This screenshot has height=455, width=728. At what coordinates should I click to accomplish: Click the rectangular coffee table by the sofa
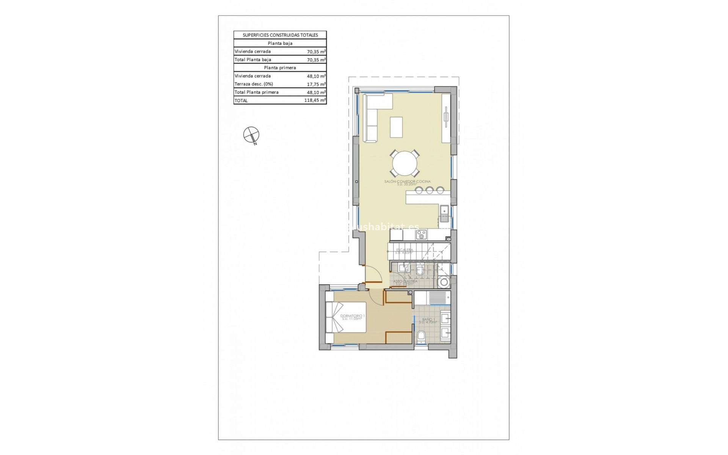pyautogui.click(x=397, y=127)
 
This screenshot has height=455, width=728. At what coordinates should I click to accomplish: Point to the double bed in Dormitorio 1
pyautogui.click(x=81, y=317)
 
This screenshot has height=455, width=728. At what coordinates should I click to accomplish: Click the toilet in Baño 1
pyautogui.click(x=420, y=337)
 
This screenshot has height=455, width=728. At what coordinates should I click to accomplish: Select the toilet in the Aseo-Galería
pyautogui.click(x=420, y=271)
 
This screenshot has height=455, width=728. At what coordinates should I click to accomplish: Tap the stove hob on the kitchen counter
pyautogui.click(x=421, y=235)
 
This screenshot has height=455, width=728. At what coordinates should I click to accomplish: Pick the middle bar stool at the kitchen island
pyautogui.click(x=430, y=190)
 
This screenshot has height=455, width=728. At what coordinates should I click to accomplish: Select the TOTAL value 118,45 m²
pyautogui.click(x=315, y=100)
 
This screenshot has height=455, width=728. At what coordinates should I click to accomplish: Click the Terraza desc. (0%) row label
pyautogui.click(x=254, y=84)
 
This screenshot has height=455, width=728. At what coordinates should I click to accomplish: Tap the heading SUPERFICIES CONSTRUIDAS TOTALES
pyautogui.click(x=280, y=35)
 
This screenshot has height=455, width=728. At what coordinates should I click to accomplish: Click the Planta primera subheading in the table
pyautogui.click(x=280, y=67)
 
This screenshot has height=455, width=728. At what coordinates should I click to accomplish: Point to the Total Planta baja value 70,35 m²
pyautogui.click(x=316, y=60)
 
